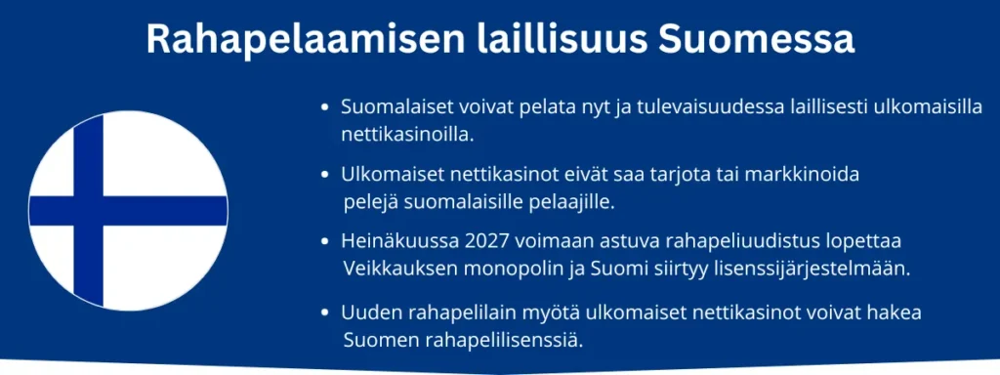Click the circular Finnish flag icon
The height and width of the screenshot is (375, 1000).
tap(128, 211)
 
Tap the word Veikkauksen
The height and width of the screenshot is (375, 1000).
tap(399, 269)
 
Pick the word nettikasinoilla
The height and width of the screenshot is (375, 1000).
tap(408, 135)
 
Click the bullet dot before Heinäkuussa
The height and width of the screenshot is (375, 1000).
tap(326, 243)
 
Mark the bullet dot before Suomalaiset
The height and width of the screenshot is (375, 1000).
tap(326, 107)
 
